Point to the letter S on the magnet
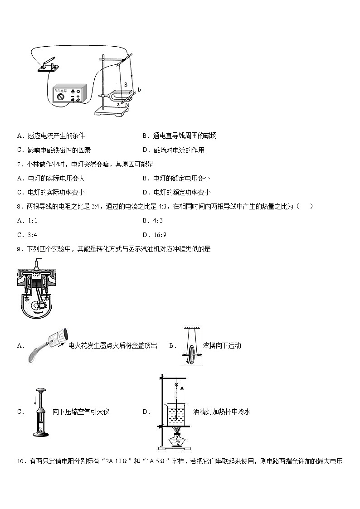point(126,85)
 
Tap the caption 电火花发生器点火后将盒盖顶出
point(112,346)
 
